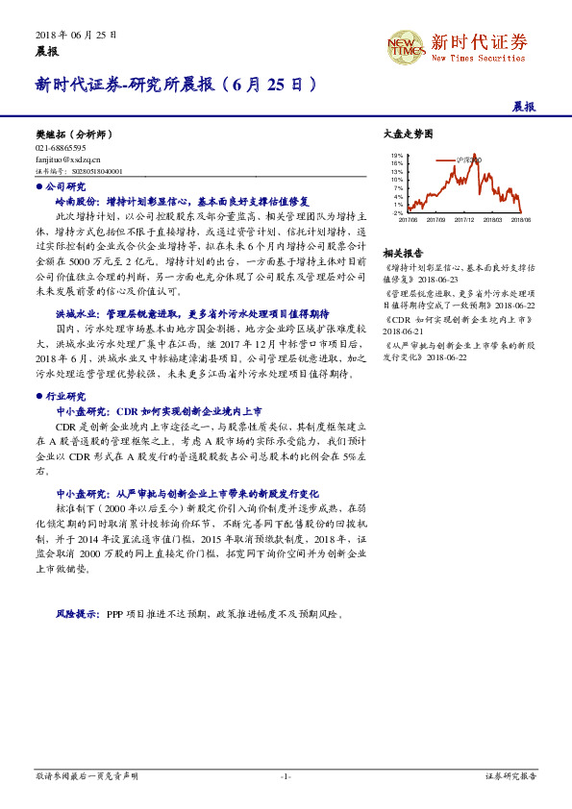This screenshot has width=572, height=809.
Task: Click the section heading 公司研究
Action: click(x=64, y=186)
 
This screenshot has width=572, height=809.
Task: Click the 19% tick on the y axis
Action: click(x=397, y=155)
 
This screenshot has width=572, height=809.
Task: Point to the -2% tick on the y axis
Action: click(x=397, y=212)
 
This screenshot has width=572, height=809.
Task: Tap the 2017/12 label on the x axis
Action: click(x=465, y=219)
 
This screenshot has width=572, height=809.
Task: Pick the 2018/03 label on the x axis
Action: click(x=493, y=219)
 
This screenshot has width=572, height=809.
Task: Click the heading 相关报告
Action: click(x=402, y=253)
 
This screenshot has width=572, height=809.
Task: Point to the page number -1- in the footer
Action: click(x=285, y=775)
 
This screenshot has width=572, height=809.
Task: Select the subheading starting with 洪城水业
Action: click(x=192, y=313)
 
